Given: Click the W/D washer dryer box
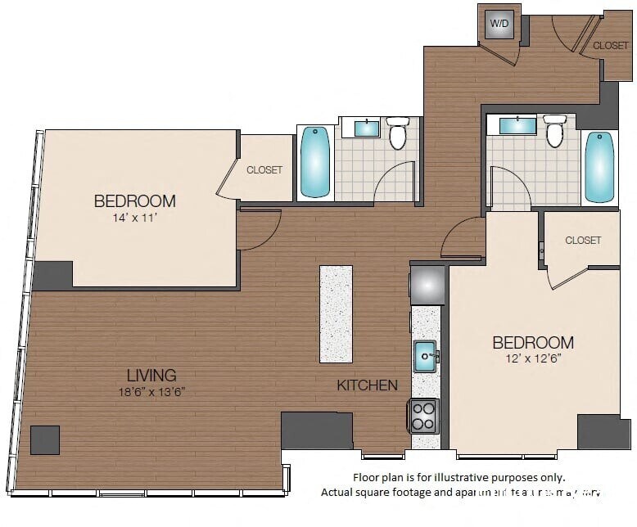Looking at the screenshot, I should pyautogui.click(x=499, y=24).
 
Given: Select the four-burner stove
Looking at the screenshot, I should pyautogui.click(x=423, y=416).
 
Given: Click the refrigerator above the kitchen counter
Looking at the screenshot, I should pyautogui.click(x=427, y=285).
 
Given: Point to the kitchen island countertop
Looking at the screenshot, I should pyautogui.click(x=336, y=313).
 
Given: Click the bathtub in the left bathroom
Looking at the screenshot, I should pyautogui.click(x=314, y=162).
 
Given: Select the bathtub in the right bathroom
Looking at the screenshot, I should pyautogui.click(x=599, y=166).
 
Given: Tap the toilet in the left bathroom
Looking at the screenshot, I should pyautogui.click(x=398, y=133).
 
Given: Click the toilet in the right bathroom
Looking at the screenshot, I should pyautogui.click(x=554, y=130).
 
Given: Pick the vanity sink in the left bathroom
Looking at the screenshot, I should pyautogui.click(x=366, y=128).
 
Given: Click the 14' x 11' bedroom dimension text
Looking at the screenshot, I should pyautogui.click(x=134, y=218).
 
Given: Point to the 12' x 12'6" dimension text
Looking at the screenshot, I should pyautogui.click(x=532, y=358).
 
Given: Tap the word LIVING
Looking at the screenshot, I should pyautogui.click(x=151, y=376).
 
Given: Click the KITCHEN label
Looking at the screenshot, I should pyautogui.click(x=368, y=385).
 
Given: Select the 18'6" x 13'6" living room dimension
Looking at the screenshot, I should pyautogui.click(x=151, y=392).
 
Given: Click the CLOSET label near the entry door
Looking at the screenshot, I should pyautogui.click(x=610, y=46).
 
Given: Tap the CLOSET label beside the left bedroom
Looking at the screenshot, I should pyautogui.click(x=264, y=170).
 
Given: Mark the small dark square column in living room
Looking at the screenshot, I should pyautogui.click(x=45, y=440).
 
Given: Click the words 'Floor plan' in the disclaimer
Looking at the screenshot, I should pyautogui.click(x=375, y=477).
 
